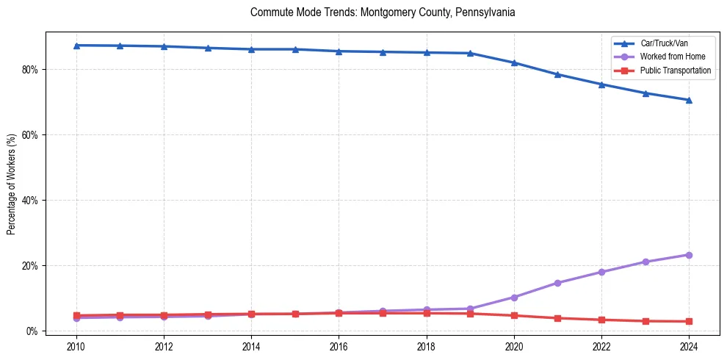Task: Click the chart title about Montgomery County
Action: pyautogui.click(x=383, y=12)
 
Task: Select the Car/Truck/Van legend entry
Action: pyautogui.click(x=664, y=43)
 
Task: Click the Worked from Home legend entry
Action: pyautogui.click(x=671, y=57)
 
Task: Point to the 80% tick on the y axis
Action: pyautogui.click(x=30, y=70)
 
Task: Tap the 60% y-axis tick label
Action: pyautogui.click(x=30, y=135)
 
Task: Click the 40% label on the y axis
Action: pyautogui.click(x=30, y=201)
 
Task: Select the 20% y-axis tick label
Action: pyautogui.click(x=30, y=266)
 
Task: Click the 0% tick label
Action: pyautogui.click(x=32, y=331)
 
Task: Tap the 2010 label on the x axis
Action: pyautogui.click(x=76, y=346)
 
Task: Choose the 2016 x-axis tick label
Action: pyautogui.click(x=339, y=346)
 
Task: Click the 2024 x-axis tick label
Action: pyautogui.click(x=689, y=346)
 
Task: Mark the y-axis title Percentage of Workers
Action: pyautogui.click(x=12, y=184)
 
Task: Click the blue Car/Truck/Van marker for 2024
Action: pyautogui.click(x=689, y=100)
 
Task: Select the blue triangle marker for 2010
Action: pyautogui.click(x=76, y=46)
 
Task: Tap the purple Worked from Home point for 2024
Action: pyautogui.click(x=689, y=255)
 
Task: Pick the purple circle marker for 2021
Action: pyautogui.click(x=557, y=283)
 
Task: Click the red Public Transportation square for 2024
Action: pyautogui.click(x=689, y=322)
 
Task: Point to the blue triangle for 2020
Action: pyautogui.click(x=514, y=63)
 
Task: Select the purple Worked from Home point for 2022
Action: pyautogui.click(x=601, y=272)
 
